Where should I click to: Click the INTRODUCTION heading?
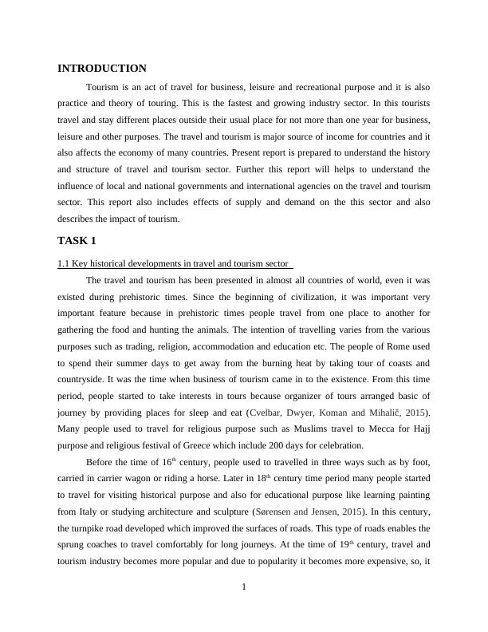pyautogui.click(x=102, y=69)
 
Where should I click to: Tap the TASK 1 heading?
pyautogui.click(x=78, y=240)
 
